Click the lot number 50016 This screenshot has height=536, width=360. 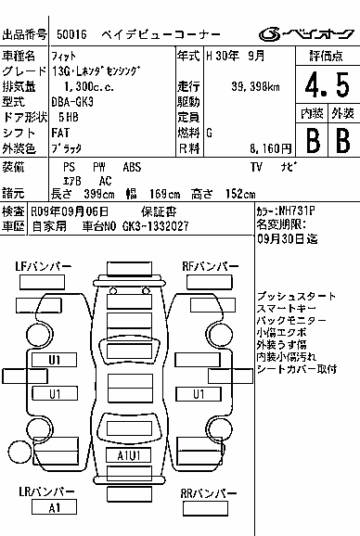tap(71, 34)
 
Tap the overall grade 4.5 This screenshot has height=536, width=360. tap(328, 85)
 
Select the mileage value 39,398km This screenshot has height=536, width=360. tap(255, 87)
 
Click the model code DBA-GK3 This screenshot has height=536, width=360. tap(72, 102)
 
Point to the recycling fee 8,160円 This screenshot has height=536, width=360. tap(270, 148)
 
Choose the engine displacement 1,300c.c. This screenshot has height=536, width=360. tap(89, 87)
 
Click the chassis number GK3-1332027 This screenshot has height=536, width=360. tap(155, 226)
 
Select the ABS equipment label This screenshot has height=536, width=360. tap(132, 167)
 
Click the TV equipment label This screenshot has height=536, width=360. tap(256, 167)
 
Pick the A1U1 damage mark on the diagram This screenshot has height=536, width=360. tap(129, 455)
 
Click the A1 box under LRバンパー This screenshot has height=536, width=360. tap(54, 507)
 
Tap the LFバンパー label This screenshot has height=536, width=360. tap(43, 266)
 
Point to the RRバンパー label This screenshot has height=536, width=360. tap(208, 493)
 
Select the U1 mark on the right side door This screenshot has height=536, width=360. tap(199, 394)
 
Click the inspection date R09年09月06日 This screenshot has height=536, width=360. tap(70, 211)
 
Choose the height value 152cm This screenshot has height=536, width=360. tap(240, 194)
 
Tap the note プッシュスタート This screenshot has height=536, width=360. tap(296, 296)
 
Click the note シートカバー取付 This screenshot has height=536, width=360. tap(297, 369)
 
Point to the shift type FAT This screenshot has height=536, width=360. tap(60, 133)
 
